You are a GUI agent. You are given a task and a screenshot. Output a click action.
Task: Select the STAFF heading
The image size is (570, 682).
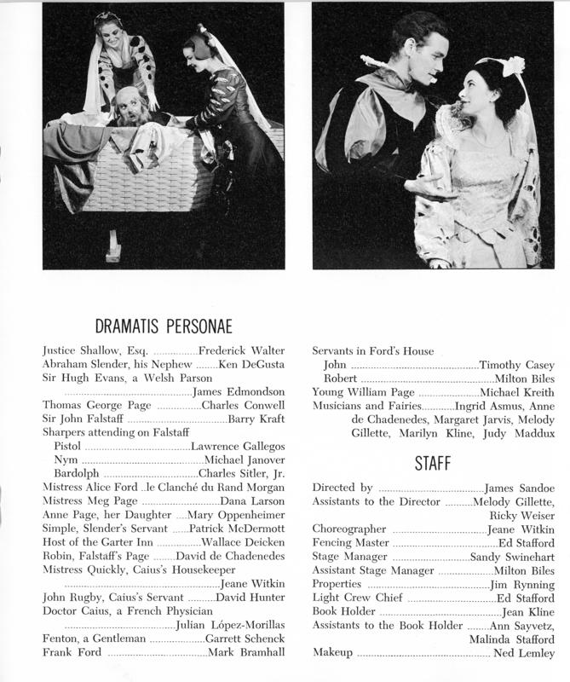434,465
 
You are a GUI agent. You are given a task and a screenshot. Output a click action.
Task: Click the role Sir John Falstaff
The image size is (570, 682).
83,419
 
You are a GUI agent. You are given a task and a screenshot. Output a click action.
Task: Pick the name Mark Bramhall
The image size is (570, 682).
252,652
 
